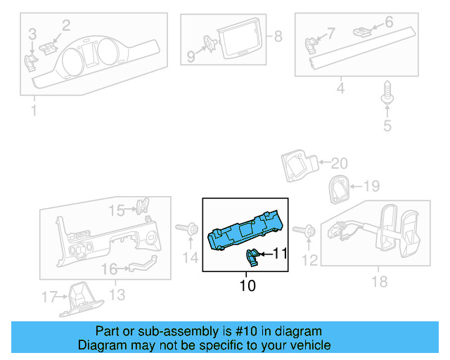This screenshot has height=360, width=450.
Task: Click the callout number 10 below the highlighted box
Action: (x=247, y=285)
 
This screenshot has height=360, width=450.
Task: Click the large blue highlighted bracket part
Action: (x=246, y=230)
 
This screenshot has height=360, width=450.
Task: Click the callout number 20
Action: (x=339, y=164)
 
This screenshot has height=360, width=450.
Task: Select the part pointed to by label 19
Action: (x=339, y=189)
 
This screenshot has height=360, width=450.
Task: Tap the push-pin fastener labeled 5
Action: (x=387, y=94)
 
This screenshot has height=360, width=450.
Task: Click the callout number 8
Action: (x=278, y=36)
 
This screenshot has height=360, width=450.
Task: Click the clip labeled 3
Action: (x=32, y=61)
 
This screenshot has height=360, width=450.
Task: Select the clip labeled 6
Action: (x=362, y=31)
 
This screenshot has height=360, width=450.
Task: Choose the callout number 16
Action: (x=109, y=269)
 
